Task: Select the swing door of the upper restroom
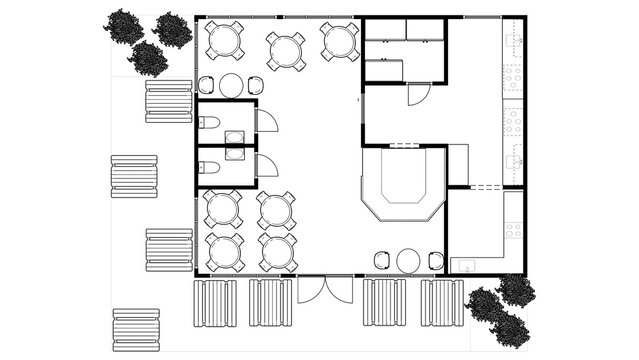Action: (267, 121)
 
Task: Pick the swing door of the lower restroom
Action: (266, 165)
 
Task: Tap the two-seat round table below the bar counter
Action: (408, 260)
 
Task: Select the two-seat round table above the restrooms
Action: (231, 85)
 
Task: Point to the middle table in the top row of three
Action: (286, 51)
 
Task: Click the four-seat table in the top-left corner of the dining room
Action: (225, 41)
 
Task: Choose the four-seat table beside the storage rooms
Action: (340, 41)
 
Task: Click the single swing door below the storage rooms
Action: (418, 96)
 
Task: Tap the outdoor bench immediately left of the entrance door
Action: (270, 302)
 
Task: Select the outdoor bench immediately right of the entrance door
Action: (384, 302)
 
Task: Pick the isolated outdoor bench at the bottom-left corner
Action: (136, 329)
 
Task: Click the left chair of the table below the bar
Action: (382, 260)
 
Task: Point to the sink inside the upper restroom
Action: (235, 137)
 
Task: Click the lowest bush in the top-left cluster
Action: (150, 60)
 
